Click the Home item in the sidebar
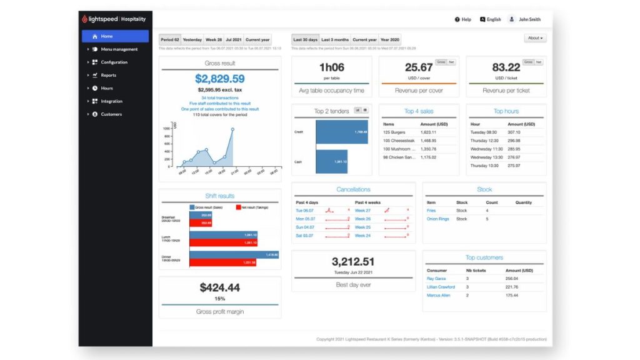coord(106,36)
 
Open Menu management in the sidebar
coord(119,49)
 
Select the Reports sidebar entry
coord(108,75)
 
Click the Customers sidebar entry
coord(111,114)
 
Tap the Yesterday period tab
coord(192,39)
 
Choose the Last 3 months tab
coord(335,39)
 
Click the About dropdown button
coord(535,38)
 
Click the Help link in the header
coord(463,19)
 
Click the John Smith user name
coord(529,19)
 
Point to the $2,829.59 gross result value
coord(219,79)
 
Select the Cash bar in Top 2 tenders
coord(331,162)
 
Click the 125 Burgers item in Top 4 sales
coord(395,133)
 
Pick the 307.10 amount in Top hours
coord(514,132)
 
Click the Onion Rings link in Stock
coord(437,219)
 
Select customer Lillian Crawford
coord(441,287)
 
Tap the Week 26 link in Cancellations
coord(362,219)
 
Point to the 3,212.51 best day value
coord(353,262)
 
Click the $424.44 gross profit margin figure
coord(219,287)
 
